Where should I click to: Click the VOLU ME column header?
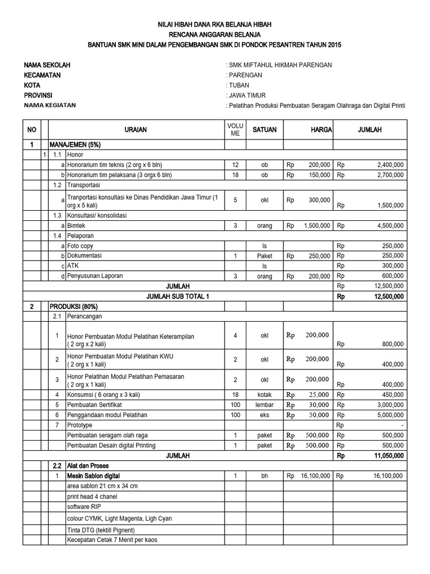coord(236,129)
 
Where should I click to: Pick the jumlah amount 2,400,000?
coord(386,165)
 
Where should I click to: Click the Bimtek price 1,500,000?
coord(316,225)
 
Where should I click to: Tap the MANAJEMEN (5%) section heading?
coord(75,145)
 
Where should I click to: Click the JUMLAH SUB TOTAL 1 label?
coord(177,296)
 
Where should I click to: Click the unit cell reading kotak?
coord(265,394)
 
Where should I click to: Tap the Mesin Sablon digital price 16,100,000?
coord(309,476)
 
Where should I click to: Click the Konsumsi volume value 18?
coord(236,394)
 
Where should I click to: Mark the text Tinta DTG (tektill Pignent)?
coord(104,530)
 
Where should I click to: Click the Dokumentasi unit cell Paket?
coord(265,256)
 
